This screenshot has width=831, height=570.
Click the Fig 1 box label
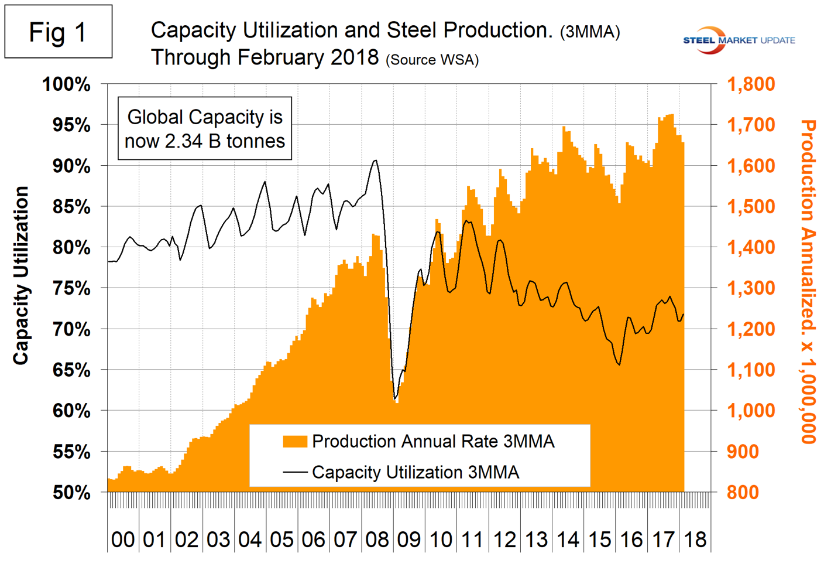click(58, 32)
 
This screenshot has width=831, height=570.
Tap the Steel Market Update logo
click(739, 40)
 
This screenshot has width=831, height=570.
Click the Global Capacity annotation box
click(205, 129)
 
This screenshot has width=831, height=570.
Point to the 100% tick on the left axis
click(66, 84)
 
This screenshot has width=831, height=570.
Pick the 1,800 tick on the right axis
click(751, 84)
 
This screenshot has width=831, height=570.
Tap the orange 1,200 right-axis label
click(751, 329)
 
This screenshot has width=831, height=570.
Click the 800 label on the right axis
click(743, 493)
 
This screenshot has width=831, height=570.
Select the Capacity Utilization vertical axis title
click(21, 275)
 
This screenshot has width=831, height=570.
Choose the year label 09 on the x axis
click(408, 540)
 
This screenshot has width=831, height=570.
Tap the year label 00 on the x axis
click(123, 540)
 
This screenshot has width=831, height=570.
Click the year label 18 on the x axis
click(695, 540)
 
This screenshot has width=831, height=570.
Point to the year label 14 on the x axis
click(568, 540)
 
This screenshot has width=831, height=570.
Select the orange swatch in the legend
click(295, 442)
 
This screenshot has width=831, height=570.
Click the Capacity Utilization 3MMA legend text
click(415, 472)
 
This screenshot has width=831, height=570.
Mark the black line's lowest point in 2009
click(395, 399)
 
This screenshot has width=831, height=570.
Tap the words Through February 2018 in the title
click(265, 58)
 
